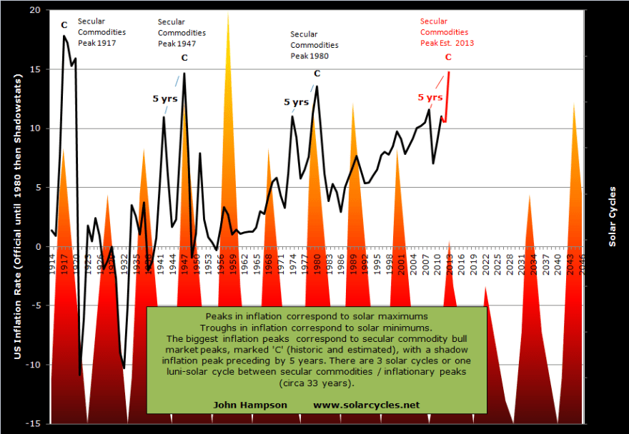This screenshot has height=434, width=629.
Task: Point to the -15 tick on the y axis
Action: pyautogui.click(x=34, y=423)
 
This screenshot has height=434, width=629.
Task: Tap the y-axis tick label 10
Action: pyautogui.click(x=36, y=128)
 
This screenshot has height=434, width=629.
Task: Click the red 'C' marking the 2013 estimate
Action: pyautogui.click(x=448, y=57)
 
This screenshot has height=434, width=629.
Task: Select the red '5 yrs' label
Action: pyautogui.click(x=430, y=97)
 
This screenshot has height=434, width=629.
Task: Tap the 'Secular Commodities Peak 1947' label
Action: pyautogui.click(x=182, y=33)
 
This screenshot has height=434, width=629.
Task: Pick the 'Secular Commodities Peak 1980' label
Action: pyautogui.click(x=314, y=44)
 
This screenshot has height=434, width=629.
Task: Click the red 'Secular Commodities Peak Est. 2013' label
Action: pyautogui.click(x=447, y=32)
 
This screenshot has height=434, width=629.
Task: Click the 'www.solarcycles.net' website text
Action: pyautogui.click(x=366, y=405)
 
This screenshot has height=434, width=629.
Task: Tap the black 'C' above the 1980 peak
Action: pyautogui.click(x=317, y=74)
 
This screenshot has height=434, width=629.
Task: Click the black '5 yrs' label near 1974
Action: pyautogui.click(x=296, y=102)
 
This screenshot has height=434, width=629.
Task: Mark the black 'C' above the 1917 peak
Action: pyautogui.click(x=64, y=25)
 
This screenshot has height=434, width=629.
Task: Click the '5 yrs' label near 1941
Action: pyautogui.click(x=164, y=98)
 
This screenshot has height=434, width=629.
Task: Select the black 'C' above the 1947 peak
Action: pyautogui.click(x=184, y=58)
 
